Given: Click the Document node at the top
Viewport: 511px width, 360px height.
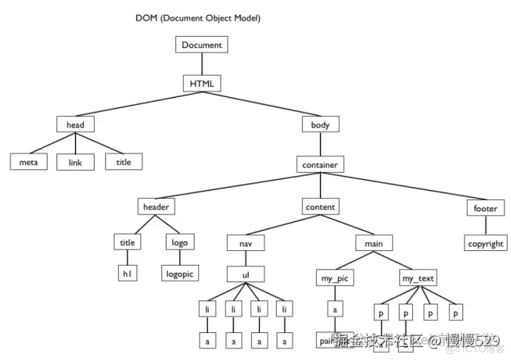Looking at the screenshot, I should click(202, 45).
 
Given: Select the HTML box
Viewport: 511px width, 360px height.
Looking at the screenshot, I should click(202, 83).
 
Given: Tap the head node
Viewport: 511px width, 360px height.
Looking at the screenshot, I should click(75, 125).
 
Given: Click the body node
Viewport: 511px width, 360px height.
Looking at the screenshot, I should click(320, 125).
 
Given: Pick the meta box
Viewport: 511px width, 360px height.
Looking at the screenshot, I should click(28, 162).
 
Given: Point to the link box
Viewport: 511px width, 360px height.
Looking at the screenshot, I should click(75, 162).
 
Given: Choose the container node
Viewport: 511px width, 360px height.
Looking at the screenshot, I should click(320, 165).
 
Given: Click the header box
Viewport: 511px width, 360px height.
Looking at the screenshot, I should click(156, 207).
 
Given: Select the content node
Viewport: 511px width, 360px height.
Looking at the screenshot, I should click(320, 207).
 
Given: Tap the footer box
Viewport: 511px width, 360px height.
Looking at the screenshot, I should click(485, 208).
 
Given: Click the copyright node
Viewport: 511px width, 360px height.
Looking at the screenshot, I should click(486, 244).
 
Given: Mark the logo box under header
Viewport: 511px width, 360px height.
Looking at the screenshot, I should click(179, 243).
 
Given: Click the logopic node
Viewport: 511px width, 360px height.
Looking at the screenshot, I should click(180, 273).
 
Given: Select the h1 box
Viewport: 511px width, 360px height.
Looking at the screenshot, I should click(127, 273).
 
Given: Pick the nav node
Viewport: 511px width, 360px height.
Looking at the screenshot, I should click(246, 244).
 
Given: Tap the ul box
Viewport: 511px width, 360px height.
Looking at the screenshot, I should click(246, 274).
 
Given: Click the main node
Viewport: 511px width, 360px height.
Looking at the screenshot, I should click(374, 244).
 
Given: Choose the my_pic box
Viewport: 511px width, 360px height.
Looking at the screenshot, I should click(334, 279).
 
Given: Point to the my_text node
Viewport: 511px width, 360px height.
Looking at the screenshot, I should click(418, 279).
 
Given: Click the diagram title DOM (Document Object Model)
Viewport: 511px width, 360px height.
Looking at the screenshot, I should click(198, 19).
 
